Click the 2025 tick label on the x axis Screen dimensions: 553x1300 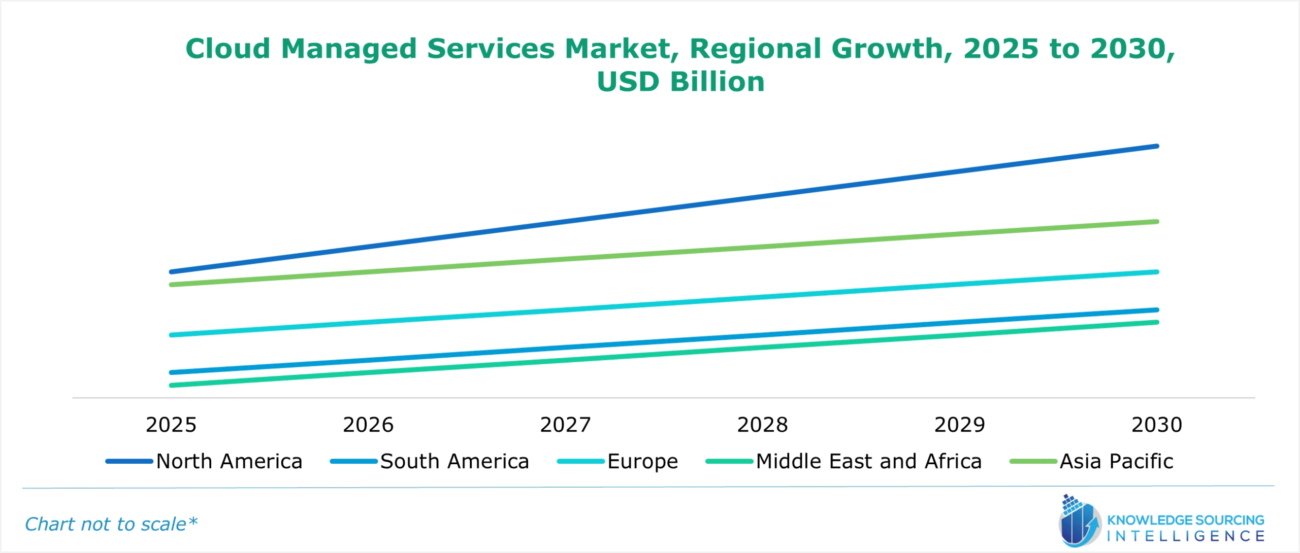pyautogui.click(x=171, y=425)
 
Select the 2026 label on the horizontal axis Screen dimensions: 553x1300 pyautogui.click(x=368, y=425)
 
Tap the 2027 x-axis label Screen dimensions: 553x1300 pyautogui.click(x=565, y=425)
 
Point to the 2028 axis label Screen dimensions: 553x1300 pyautogui.click(x=762, y=425)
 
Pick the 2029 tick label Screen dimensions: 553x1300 pyautogui.click(x=960, y=425)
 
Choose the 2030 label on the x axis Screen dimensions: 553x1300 pyautogui.click(x=1157, y=425)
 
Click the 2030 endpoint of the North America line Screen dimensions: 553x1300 pyautogui.click(x=1157, y=146)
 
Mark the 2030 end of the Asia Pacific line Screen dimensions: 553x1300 pyautogui.click(x=1157, y=222)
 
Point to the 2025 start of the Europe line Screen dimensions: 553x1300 pyautogui.click(x=172, y=335)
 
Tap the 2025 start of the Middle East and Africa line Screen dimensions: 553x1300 pyautogui.click(x=172, y=386)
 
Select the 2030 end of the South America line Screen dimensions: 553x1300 pyautogui.click(x=1157, y=310)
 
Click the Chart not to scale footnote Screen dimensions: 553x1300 pyautogui.click(x=111, y=525)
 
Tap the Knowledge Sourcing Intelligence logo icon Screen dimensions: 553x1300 pyautogui.click(x=1079, y=523)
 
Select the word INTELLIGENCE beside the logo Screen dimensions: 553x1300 pyautogui.click(x=1185, y=537)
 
